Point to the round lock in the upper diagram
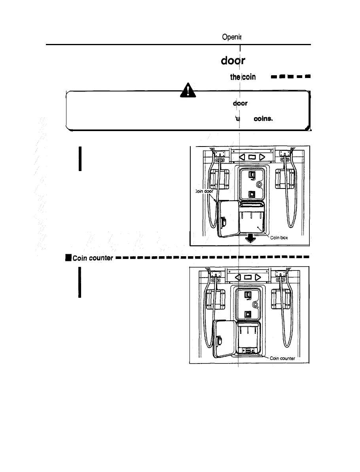pos(258,185)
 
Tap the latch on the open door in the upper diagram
pos(223,223)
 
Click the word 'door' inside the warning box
pos(240,104)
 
